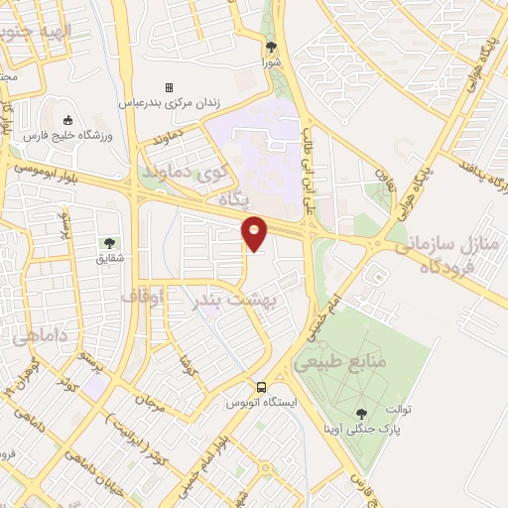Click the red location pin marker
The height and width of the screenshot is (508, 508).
pos(255,233)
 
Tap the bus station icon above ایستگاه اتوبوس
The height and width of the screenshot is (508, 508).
pos(260,387)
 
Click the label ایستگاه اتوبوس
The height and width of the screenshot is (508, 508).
pos(260,403)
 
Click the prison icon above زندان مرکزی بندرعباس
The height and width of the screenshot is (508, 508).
pos(169,87)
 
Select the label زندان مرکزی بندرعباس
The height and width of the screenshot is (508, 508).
pos(169,102)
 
